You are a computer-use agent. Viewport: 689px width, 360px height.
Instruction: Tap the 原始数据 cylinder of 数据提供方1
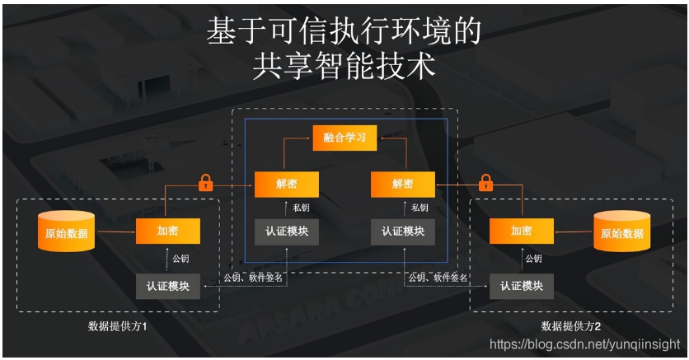pos(66,232)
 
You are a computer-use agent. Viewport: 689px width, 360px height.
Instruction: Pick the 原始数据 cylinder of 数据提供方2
pos(621,232)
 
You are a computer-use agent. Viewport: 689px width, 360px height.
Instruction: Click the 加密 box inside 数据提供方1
pos(167,231)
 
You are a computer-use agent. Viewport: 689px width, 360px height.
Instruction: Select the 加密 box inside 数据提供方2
pos(521,231)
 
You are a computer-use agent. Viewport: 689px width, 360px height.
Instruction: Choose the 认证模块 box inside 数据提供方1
pos(167,286)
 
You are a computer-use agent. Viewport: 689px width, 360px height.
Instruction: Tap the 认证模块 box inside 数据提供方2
pos(521,286)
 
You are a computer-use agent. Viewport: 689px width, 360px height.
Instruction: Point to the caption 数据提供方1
pos(117,325)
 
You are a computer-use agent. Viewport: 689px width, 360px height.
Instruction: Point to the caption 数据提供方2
pos(570,325)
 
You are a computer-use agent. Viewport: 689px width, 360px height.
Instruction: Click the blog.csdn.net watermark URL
pos(585,344)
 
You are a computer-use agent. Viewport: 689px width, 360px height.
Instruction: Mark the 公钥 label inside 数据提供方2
pos(534,259)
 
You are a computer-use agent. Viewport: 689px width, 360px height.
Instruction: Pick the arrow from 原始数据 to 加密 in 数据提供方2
pos(573,231)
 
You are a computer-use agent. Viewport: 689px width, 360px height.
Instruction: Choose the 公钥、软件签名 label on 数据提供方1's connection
pos(253,278)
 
